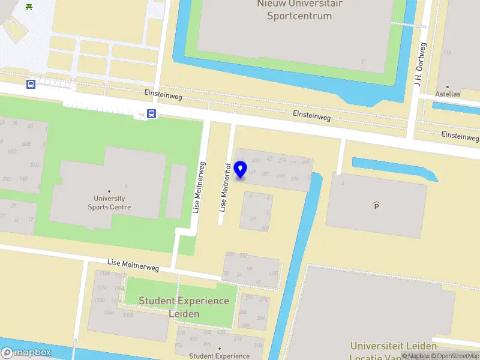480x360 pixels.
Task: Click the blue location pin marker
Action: (x=241, y=170)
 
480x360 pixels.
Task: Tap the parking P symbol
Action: (x=377, y=206)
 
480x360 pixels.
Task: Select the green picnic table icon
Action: (x=29, y=7)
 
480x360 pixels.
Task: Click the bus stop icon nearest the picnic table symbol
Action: (x=31, y=84)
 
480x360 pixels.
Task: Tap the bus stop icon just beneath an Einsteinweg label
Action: (x=152, y=113)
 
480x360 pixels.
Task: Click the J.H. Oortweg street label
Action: (x=419, y=64)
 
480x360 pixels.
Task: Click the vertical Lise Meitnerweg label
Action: (x=199, y=187)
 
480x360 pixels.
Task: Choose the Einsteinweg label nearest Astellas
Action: (x=460, y=136)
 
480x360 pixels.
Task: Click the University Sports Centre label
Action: (x=109, y=203)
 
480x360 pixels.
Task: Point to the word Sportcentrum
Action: (x=299, y=16)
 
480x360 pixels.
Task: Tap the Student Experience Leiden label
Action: (x=184, y=307)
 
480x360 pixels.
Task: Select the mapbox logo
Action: (x=26, y=353)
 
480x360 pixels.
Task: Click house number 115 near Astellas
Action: (x=447, y=53)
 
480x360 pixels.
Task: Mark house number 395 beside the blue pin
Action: (x=280, y=176)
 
